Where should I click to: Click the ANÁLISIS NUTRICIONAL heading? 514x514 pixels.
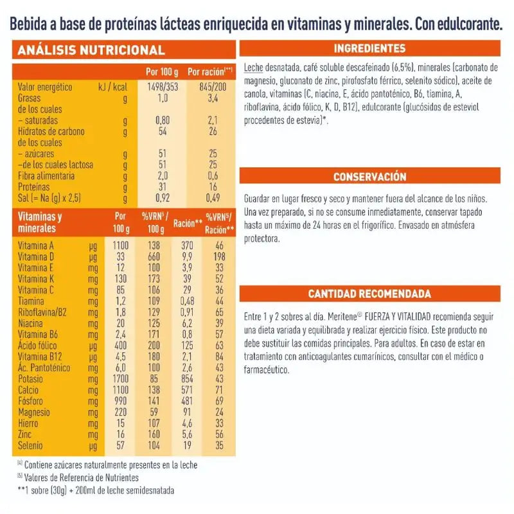click(x=91, y=50)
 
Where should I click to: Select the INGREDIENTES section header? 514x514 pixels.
click(x=369, y=49)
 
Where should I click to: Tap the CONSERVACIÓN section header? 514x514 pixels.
click(x=369, y=177)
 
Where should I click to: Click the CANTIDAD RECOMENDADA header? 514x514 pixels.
click(x=369, y=294)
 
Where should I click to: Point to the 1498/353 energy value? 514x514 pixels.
click(x=163, y=87)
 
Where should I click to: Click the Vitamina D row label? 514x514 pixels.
click(x=36, y=256)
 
